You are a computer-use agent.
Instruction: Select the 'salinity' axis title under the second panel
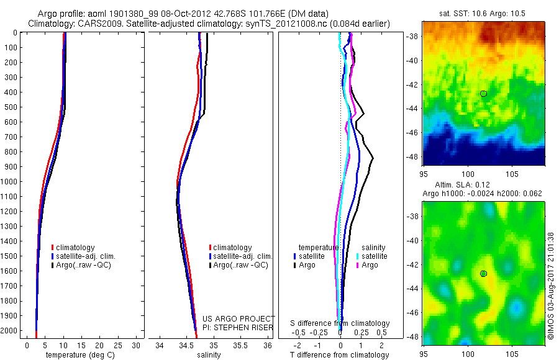(x=208, y=355)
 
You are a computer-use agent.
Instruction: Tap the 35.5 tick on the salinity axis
(x=240, y=345)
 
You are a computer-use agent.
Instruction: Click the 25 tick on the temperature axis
(x=118, y=345)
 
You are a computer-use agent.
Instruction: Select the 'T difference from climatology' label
(x=340, y=355)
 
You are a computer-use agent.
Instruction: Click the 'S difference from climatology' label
(x=340, y=323)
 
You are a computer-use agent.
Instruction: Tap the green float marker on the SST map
(x=483, y=94)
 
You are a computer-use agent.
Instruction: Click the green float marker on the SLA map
(x=483, y=274)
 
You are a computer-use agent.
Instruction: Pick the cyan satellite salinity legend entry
(x=372, y=256)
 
